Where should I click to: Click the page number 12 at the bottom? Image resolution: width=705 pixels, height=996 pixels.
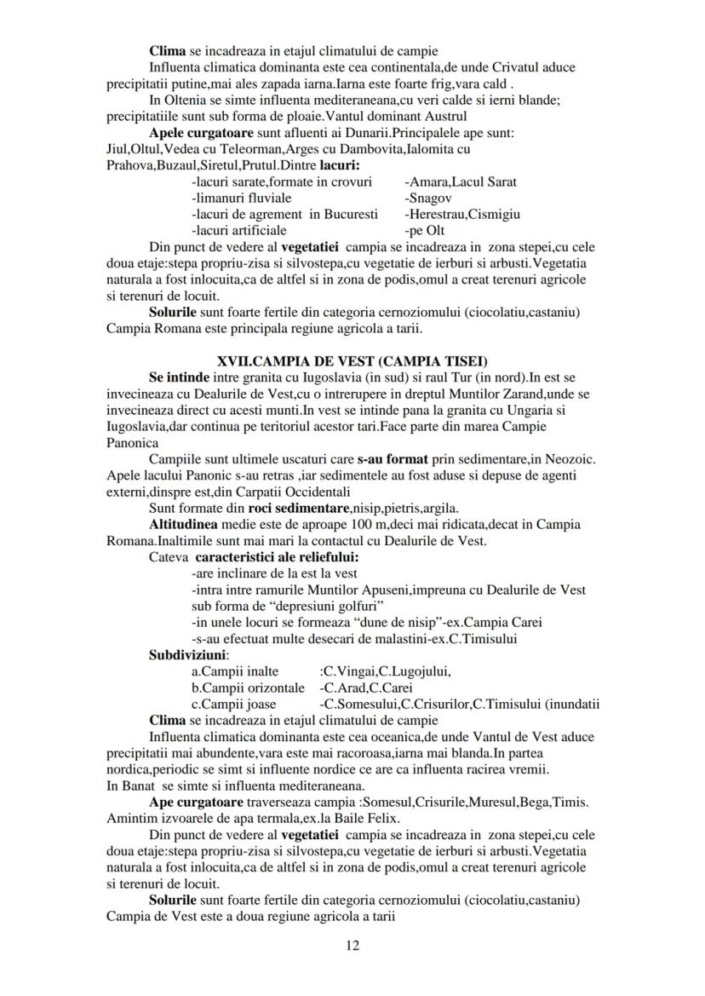point(352,944)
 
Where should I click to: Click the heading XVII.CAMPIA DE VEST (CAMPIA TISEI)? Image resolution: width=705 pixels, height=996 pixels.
point(352,360)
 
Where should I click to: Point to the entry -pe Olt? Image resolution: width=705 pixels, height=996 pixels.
point(425,230)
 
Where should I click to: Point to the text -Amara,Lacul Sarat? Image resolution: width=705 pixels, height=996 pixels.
point(460,181)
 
